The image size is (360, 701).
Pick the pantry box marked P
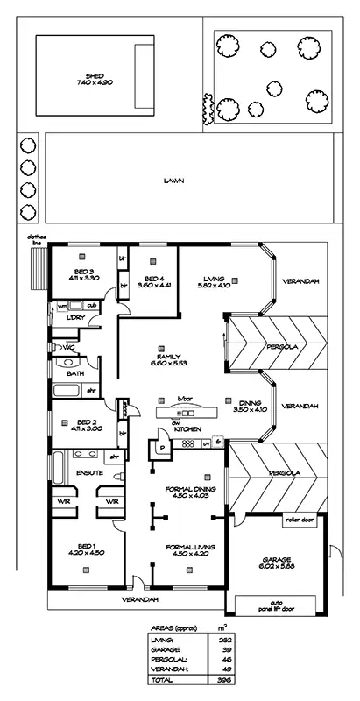[161, 446]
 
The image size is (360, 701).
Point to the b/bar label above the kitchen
[184, 399]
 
